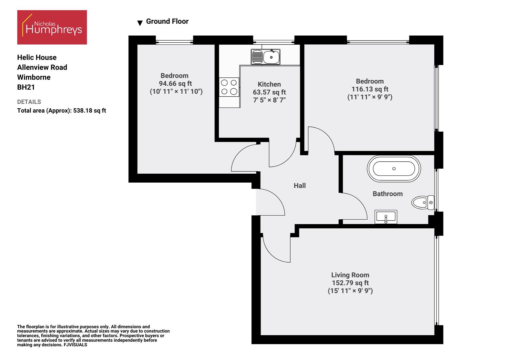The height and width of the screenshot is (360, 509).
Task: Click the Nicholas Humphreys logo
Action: [x=52, y=27]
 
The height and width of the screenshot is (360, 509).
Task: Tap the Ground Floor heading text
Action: [x=167, y=21]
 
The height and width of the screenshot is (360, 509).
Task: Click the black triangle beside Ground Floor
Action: [x=140, y=23]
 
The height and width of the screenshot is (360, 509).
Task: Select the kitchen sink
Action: [x=265, y=57]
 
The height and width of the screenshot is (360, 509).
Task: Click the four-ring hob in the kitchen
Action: [x=229, y=87]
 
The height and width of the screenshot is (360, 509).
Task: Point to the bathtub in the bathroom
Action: [x=394, y=169]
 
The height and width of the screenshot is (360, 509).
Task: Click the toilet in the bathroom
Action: [x=423, y=202]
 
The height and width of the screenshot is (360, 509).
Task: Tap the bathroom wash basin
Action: [x=386, y=217]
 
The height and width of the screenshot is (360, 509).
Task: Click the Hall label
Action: [x=299, y=186]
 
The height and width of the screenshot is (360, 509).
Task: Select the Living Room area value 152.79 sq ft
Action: [x=350, y=283]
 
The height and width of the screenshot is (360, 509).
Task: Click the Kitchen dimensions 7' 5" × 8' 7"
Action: [x=269, y=100]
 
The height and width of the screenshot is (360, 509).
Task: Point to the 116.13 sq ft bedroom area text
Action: [x=370, y=89]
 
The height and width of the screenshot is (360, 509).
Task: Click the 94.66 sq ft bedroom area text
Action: [x=175, y=84]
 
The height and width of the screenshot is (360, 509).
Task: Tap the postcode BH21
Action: [x=26, y=87]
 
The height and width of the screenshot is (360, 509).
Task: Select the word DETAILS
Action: [x=29, y=102]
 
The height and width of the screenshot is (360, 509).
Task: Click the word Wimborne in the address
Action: [x=34, y=77]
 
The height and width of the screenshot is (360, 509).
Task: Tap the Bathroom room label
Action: [x=387, y=194]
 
